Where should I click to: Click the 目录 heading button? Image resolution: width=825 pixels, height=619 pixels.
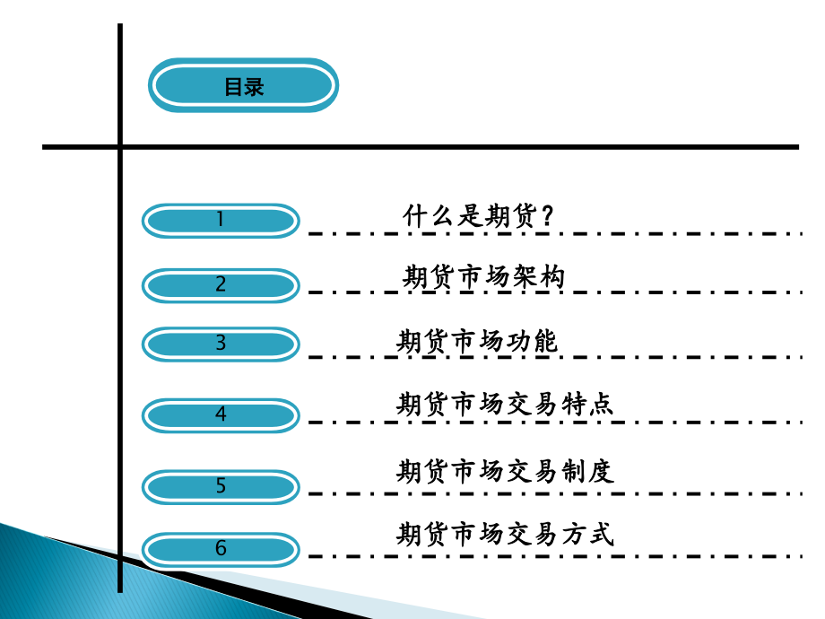(243, 87)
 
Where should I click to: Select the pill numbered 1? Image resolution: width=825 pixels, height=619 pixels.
(221, 220)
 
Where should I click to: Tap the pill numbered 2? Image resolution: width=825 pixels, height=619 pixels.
(221, 285)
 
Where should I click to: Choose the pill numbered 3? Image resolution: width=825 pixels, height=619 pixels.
(221, 344)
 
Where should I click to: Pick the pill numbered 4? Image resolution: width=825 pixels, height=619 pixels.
(221, 414)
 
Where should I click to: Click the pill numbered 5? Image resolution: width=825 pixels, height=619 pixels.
(221, 486)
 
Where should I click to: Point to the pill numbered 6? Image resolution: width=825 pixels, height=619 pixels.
(221, 549)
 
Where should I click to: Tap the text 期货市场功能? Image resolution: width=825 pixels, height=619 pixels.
(477, 342)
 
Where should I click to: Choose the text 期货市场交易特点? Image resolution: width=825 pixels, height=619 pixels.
(505, 404)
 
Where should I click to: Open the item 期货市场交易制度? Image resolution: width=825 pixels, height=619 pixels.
(505, 471)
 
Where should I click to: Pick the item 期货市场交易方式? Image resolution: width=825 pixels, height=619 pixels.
(505, 535)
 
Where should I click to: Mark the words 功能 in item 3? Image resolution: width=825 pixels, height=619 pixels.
(531, 342)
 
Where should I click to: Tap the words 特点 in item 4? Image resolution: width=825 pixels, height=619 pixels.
(587, 404)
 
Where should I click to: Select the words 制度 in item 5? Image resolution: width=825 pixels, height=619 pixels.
(587, 471)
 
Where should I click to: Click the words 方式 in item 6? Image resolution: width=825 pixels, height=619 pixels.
(587, 535)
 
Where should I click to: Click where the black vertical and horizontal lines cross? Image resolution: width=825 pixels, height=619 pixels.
(120, 146)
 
